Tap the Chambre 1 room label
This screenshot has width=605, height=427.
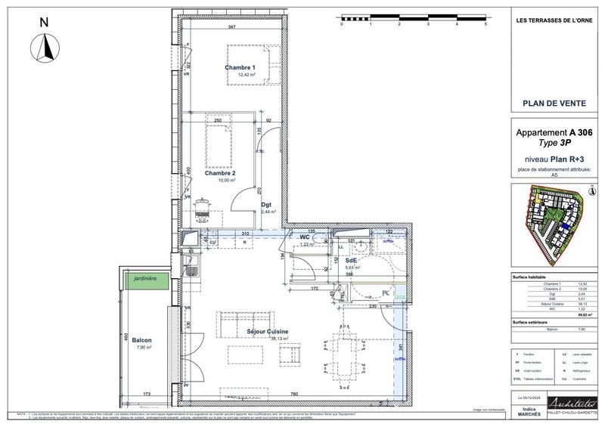click(x=240, y=68)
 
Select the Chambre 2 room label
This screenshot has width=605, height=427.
click(x=220, y=173)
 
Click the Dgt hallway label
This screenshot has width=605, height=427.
click(x=266, y=204)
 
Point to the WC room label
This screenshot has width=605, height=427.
click(x=306, y=238)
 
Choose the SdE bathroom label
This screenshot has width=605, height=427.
click(x=351, y=260)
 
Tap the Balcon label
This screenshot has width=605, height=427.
click(x=141, y=341)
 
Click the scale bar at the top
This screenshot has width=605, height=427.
click(x=413, y=17)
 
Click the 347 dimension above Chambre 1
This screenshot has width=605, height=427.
click(x=231, y=27)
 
